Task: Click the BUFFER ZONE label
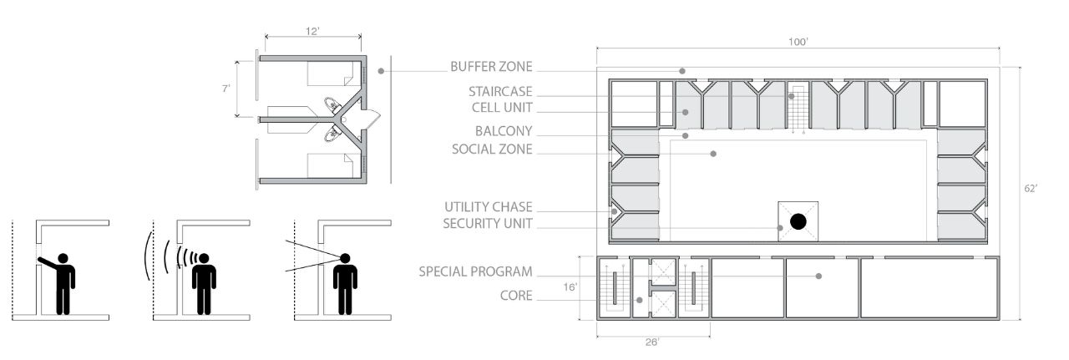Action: click(491, 66)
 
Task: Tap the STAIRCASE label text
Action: click(500, 91)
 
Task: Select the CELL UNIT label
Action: click(502, 108)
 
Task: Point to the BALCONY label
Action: click(504, 131)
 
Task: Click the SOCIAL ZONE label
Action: click(492, 149)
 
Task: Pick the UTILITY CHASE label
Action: click(489, 207)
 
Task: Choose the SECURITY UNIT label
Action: click(487, 224)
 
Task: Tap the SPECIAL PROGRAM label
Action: click(475, 271)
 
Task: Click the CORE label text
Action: click(516, 296)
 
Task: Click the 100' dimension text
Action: click(798, 42)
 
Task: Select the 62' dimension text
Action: click(1031, 189)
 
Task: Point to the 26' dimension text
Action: click(652, 342)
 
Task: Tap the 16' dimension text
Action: click(570, 287)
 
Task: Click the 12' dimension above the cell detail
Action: click(312, 31)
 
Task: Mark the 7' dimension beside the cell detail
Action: click(225, 89)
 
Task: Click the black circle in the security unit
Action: click(798, 221)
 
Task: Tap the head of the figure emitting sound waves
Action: click(204, 258)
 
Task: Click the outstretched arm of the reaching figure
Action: click(48, 262)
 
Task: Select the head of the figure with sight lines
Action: click(345, 258)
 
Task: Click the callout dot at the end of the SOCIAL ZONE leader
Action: click(713, 154)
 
